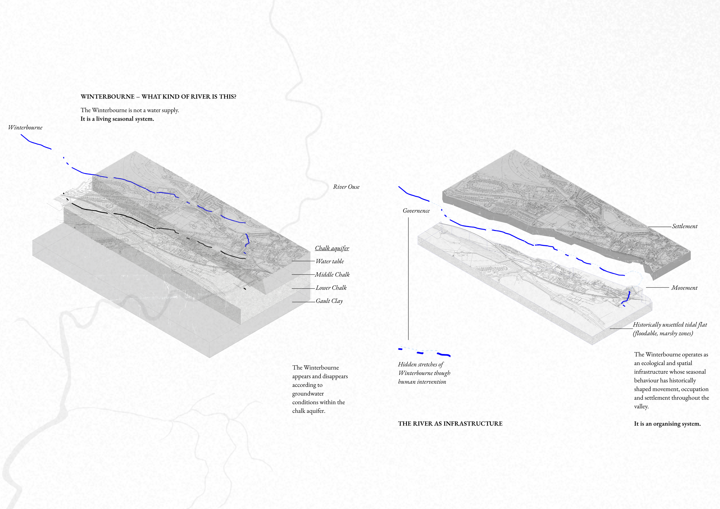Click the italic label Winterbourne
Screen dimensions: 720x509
pos(25,127)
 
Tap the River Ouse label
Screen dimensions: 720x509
pos(346,187)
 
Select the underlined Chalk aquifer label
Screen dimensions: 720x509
pos(332,248)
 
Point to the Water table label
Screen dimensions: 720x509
pos(329,261)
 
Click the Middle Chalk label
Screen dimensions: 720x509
pos(332,275)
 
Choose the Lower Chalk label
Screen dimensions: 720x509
pos(331,288)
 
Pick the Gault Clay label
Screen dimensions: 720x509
pos(329,301)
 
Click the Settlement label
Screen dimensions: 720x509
pos(685,226)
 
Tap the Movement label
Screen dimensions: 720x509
pos(684,288)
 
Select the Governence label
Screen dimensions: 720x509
pos(416,211)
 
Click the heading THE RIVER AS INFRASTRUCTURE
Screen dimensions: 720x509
pos(450,423)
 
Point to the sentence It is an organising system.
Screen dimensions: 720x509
pos(667,424)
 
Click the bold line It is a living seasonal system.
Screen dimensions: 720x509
pos(117,119)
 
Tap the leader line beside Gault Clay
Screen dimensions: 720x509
pos(304,302)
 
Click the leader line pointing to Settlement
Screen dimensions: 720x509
pos(660,227)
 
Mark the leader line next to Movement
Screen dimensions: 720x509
pos(658,287)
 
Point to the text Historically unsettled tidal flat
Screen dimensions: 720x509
pos(670,325)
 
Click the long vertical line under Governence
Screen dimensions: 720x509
pos(408,279)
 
